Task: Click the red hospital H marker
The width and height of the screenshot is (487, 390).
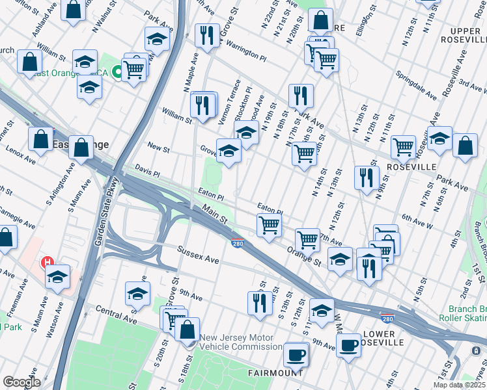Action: point(48,263)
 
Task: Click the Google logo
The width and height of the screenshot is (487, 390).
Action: point(21,382)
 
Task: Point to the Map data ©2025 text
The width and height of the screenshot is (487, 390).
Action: point(458,385)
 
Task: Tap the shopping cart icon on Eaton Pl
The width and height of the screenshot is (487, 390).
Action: point(269,226)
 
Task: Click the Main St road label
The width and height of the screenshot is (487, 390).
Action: point(214,215)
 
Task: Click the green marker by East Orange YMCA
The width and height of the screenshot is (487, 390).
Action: point(117,71)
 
